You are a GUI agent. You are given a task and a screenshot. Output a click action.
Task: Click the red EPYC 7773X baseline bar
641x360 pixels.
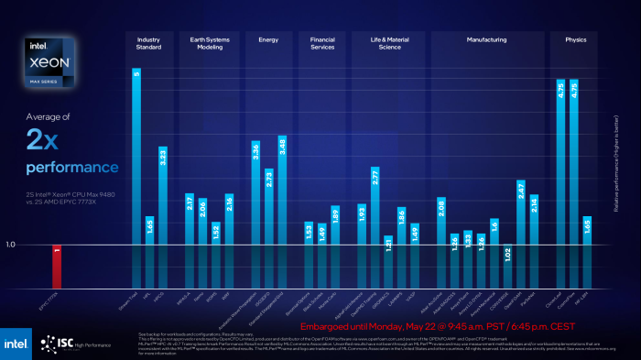[x=57, y=267]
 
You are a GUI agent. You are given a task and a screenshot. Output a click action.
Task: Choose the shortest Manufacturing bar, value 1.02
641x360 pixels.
[x=507, y=267]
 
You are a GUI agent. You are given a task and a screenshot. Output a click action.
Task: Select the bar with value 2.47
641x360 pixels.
[x=521, y=235]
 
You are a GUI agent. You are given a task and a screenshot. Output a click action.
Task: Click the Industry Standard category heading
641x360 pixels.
[x=149, y=44]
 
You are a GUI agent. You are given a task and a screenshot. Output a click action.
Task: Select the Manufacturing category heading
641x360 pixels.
[x=485, y=40]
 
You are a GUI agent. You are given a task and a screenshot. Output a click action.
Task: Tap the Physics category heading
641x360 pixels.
[x=575, y=40]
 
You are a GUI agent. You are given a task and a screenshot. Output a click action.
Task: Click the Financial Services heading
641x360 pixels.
[x=322, y=44]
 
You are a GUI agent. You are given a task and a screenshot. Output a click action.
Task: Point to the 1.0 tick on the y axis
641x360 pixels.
[x=11, y=245]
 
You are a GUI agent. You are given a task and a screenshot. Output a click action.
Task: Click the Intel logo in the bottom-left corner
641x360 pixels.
[x=16, y=343]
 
